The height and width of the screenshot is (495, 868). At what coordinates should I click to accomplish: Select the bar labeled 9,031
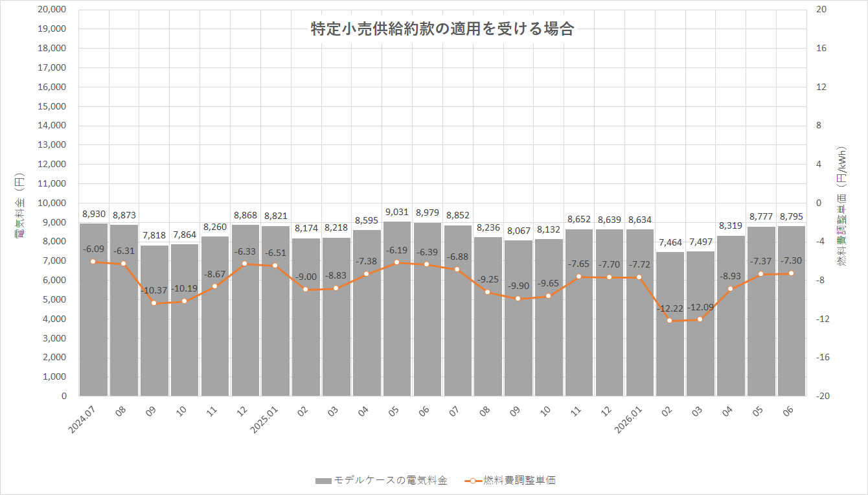pos(397,311)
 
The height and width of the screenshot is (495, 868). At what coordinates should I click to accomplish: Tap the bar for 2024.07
pos(93,311)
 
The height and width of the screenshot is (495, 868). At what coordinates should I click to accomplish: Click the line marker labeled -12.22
pos(670,321)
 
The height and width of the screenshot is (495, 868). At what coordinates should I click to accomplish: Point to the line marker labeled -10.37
pos(154,303)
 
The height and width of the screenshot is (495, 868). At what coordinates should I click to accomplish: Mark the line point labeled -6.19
pos(397,262)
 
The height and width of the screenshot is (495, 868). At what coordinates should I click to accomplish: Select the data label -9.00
pos(306,277)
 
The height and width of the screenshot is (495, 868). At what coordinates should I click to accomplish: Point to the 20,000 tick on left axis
pos(52,10)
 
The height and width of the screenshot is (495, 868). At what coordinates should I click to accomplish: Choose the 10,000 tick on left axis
pos(52,203)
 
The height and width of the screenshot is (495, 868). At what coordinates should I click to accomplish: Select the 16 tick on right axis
pos(820,49)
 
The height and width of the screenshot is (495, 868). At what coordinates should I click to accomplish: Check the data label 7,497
pos(700,242)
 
